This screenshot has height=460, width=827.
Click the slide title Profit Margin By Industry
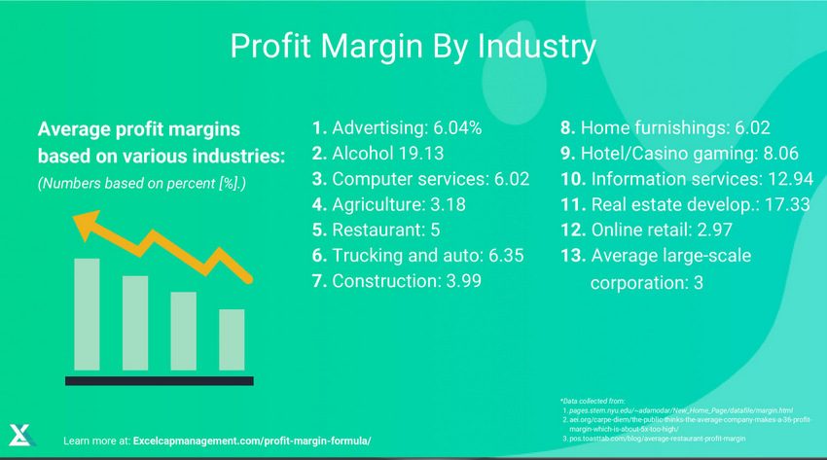[x=413, y=46]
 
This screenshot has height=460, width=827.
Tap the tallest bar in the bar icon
[x=88, y=313]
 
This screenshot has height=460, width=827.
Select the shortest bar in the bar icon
[x=232, y=339]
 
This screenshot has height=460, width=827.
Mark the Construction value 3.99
[x=460, y=281]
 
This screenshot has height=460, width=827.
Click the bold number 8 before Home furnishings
[x=565, y=128]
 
